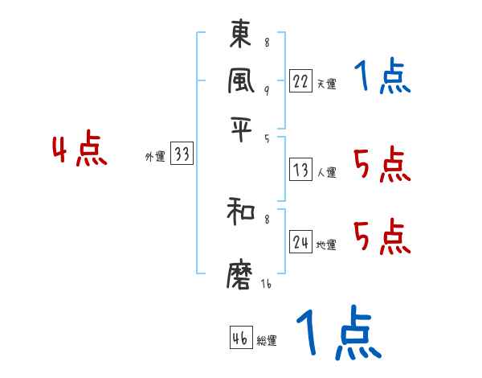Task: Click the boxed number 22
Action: point(300,81)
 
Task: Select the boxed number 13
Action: point(300,170)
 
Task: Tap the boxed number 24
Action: point(300,242)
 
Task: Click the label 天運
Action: point(326,84)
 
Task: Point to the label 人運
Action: point(326,172)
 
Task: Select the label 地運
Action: point(326,244)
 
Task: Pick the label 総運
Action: point(267,341)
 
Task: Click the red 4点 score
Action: point(79,151)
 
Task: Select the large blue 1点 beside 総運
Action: point(338,333)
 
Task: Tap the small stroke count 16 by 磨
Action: point(265,283)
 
